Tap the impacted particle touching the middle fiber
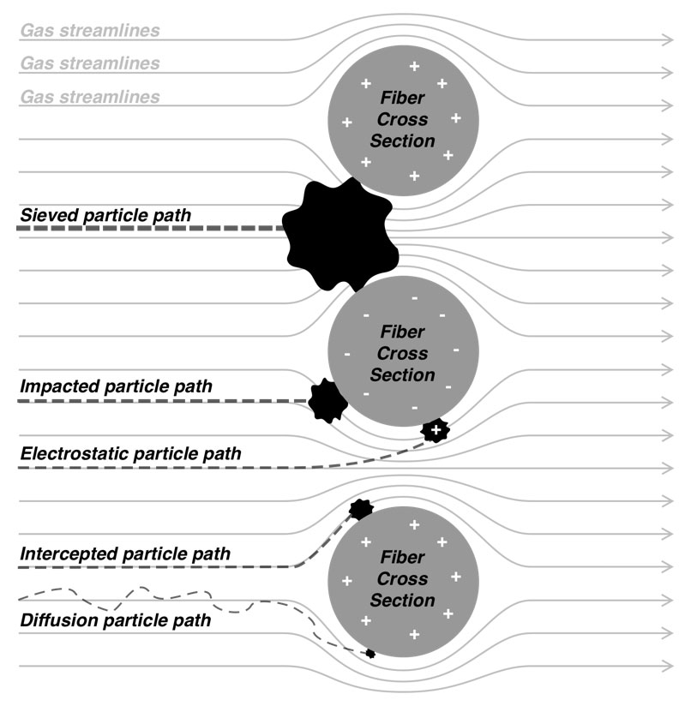(327, 400)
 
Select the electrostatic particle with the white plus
(436, 430)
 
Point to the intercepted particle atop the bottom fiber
(361, 508)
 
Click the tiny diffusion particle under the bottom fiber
(370, 654)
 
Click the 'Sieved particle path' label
(117, 214)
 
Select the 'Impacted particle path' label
(115, 386)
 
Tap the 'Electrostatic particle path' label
(130, 453)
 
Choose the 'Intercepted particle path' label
(124, 554)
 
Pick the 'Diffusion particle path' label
(115, 619)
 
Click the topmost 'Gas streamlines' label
(90, 31)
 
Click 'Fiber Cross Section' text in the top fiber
(403, 120)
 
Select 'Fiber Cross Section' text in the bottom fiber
(403, 579)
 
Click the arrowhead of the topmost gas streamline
(668, 39)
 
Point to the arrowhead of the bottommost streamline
(668, 666)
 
